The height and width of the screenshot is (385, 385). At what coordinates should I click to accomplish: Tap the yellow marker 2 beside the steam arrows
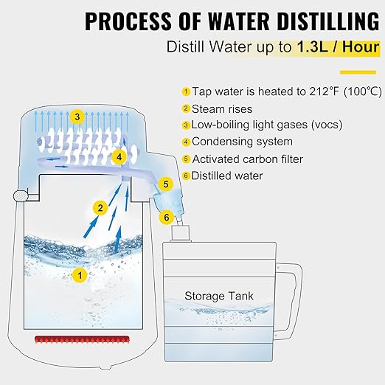tap(98, 208)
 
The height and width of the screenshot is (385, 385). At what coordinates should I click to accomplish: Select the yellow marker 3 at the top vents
tap(76, 117)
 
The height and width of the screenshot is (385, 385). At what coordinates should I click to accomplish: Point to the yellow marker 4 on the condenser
tap(119, 156)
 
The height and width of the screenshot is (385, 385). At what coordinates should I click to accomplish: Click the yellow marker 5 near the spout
tap(166, 184)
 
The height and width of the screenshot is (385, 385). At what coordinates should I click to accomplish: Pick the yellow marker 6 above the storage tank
tap(167, 218)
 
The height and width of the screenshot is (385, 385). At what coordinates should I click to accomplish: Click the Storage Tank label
tap(219, 296)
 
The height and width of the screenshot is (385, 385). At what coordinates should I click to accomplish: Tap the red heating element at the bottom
tap(82, 339)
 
